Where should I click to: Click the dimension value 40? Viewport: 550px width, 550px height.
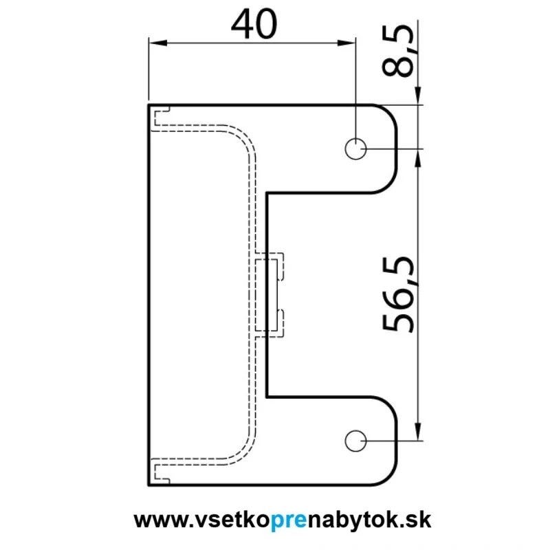pyautogui.click(x=254, y=24)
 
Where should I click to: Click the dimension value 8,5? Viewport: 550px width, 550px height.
pyautogui.click(x=398, y=51)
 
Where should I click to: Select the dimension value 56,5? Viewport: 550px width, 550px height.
pyautogui.click(x=398, y=294)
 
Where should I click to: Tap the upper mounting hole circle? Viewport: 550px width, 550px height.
pyautogui.click(x=355, y=148)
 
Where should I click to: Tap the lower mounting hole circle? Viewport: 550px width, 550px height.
pyautogui.click(x=355, y=441)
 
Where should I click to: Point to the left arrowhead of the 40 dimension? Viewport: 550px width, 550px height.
pyautogui.click(x=158, y=43)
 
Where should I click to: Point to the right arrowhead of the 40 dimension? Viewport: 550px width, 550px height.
pyautogui.click(x=346, y=43)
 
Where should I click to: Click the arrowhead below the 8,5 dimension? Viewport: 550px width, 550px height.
pyautogui.click(x=418, y=96)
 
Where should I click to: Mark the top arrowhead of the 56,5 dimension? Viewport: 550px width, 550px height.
pyautogui.click(x=418, y=158)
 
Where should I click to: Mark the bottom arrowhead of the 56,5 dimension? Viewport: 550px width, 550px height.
pyautogui.click(x=418, y=432)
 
